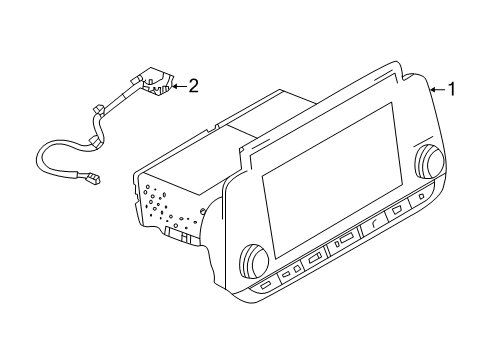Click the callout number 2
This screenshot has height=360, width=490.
[x=194, y=86]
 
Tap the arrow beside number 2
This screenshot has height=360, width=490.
[x=178, y=86]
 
